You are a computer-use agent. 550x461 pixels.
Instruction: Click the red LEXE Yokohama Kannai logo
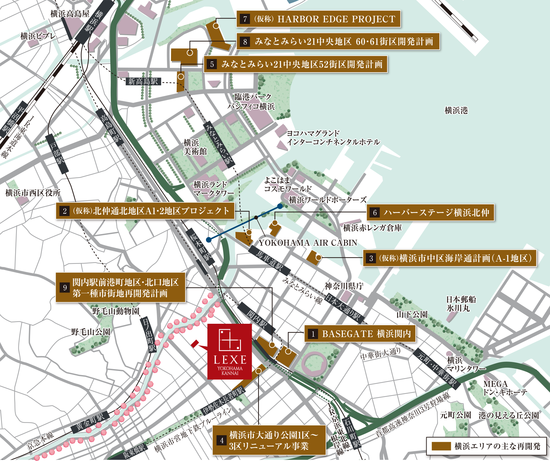(229, 352)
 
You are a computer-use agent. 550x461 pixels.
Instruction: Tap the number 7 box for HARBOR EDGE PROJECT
(245, 19)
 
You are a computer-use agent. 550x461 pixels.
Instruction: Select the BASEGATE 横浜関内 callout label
(360, 334)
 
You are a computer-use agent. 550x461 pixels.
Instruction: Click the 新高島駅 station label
(143, 81)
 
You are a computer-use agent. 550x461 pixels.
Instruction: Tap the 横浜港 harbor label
(456, 110)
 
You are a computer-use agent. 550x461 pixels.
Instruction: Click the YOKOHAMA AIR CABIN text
(308, 243)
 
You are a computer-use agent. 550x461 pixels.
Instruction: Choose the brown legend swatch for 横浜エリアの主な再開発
(441, 446)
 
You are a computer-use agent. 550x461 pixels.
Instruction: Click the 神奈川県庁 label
(344, 286)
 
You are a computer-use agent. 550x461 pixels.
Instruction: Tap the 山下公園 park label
(412, 314)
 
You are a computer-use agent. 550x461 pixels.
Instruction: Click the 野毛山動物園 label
(116, 311)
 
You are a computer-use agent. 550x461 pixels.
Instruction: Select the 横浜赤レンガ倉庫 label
(372, 228)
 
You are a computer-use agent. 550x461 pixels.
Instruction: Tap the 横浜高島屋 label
(70, 13)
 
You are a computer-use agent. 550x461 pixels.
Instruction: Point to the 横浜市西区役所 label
(33, 193)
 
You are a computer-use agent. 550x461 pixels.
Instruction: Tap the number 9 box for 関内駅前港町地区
(65, 287)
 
